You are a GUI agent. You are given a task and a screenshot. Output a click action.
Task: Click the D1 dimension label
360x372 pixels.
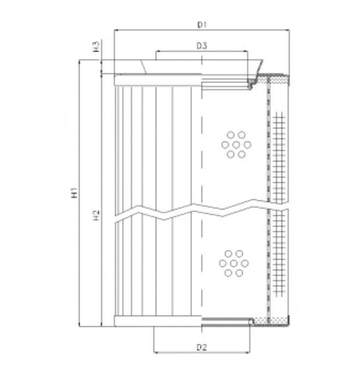click(x=202, y=24)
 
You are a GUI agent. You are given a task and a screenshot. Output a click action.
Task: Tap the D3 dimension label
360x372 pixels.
click(x=202, y=46)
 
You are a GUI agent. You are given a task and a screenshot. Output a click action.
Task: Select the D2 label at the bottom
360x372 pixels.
click(x=201, y=345)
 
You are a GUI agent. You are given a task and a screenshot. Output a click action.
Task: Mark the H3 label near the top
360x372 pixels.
click(x=95, y=46)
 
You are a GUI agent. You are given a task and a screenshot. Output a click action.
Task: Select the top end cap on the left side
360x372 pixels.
click(x=157, y=79)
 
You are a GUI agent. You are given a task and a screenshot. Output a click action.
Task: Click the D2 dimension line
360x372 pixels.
click(x=201, y=352)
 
